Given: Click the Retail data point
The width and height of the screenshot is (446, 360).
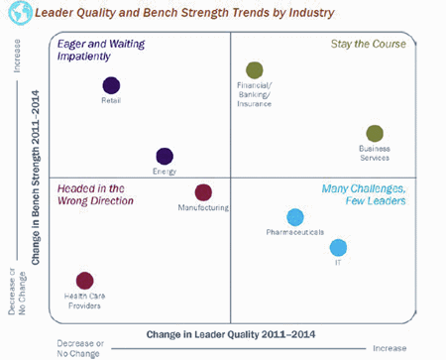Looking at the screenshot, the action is (111, 85).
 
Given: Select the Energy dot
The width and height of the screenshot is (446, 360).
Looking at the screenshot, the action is (165, 156).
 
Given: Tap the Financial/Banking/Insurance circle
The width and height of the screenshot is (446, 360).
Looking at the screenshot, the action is (255, 70).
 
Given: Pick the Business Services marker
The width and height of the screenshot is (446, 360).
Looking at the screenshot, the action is (375, 134).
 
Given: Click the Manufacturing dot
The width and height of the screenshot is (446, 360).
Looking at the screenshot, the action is (203, 192).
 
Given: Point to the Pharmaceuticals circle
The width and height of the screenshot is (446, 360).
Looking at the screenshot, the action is (295, 217).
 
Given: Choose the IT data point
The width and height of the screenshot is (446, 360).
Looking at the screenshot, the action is (338, 248).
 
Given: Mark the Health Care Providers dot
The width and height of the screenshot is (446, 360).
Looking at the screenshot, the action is (85, 281).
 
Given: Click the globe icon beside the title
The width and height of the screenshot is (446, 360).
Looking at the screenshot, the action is (20, 13).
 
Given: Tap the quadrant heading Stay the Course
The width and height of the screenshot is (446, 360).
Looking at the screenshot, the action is (369, 44).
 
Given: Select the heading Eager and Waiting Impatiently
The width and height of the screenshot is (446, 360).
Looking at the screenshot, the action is (101, 50).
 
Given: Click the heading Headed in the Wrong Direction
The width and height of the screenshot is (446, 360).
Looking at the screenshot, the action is (95, 194).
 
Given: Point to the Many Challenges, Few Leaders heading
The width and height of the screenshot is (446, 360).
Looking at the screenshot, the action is (364, 194).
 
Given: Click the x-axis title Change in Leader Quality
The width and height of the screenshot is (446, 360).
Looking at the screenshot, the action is (231, 334).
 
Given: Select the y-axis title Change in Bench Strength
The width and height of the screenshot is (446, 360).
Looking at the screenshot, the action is (36, 178).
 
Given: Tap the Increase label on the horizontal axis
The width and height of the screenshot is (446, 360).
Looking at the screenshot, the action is (390, 348).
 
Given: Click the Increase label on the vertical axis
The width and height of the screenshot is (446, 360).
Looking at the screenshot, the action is (17, 56).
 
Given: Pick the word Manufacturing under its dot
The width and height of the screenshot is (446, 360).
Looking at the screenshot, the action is (203, 207).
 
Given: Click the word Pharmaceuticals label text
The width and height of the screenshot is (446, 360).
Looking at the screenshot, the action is (295, 232).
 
